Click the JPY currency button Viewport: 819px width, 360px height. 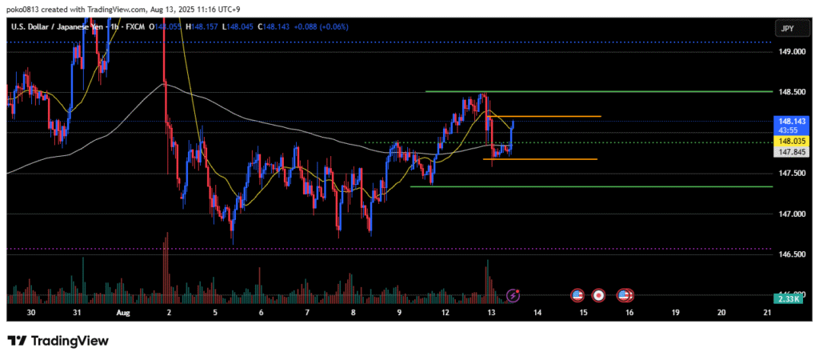click(x=787, y=28)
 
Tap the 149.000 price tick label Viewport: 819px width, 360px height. click(x=790, y=52)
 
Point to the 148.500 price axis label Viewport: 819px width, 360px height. click(x=790, y=92)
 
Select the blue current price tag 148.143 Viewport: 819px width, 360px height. click(x=789, y=122)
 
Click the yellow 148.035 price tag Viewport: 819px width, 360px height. click(x=789, y=140)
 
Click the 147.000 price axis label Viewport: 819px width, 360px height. click(x=790, y=214)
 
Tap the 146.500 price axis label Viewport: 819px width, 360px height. click(x=790, y=254)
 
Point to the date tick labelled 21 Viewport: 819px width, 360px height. click(x=769, y=313)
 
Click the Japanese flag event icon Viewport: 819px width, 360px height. click(x=599, y=296)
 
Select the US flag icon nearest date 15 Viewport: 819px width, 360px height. click(x=577, y=296)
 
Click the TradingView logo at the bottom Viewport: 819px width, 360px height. click(x=58, y=341)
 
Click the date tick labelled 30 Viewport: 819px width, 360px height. click(x=31, y=313)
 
